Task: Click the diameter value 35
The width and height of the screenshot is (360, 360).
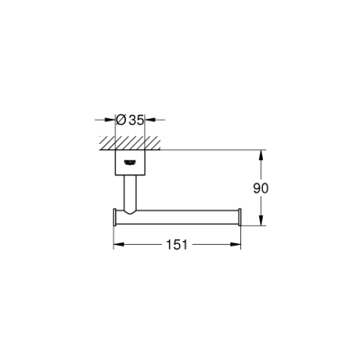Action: [x=138, y=118]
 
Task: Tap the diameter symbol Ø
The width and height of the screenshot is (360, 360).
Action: [x=122, y=118]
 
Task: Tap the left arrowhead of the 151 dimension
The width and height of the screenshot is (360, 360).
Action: [x=116, y=243]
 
